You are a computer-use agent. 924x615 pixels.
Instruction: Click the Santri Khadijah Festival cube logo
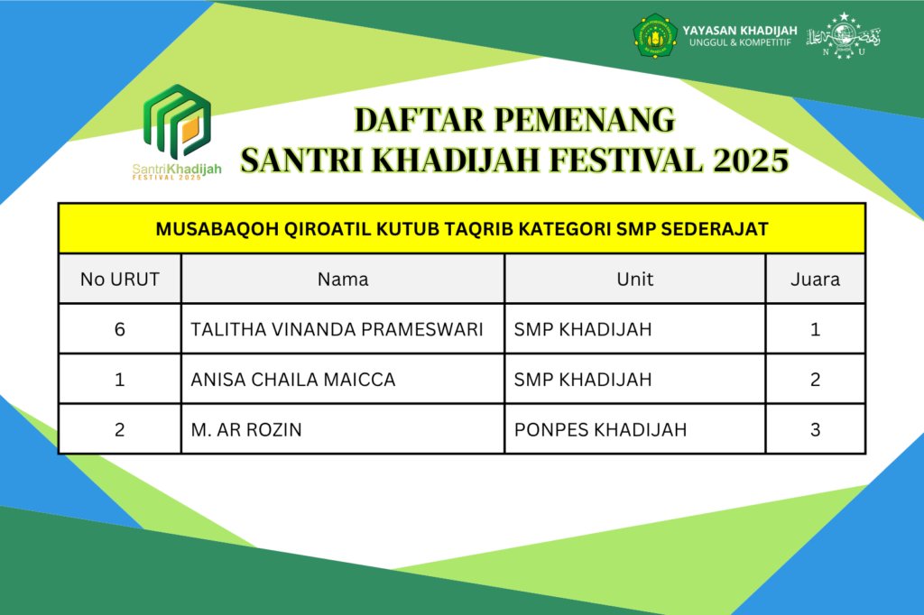tap(178, 122)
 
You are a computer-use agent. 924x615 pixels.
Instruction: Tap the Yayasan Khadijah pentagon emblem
tap(655, 36)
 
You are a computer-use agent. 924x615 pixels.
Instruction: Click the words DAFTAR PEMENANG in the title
tap(514, 120)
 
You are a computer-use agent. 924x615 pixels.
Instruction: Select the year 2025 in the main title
tap(751, 161)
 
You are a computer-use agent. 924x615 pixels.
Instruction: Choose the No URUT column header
tap(120, 280)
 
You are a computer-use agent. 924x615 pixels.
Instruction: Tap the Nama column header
tap(343, 280)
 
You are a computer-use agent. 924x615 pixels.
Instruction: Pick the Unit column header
tap(634, 280)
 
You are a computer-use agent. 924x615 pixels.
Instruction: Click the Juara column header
tap(815, 280)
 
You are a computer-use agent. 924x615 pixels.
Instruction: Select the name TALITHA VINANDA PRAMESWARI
tap(337, 329)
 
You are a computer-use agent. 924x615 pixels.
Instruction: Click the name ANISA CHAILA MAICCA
tap(293, 380)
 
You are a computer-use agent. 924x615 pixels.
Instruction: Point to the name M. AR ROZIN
tap(246, 430)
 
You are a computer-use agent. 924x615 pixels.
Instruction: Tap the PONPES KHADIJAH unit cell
tap(600, 430)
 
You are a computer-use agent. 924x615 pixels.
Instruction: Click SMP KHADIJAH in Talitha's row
tap(583, 329)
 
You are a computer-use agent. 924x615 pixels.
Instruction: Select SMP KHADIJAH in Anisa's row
tap(583, 380)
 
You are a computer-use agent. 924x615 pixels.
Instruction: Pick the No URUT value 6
tap(120, 329)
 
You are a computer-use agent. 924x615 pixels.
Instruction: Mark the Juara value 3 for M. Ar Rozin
tap(815, 430)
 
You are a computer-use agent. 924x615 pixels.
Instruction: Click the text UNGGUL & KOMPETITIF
tap(740, 42)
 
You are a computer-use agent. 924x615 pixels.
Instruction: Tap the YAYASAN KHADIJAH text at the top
tap(740, 31)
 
